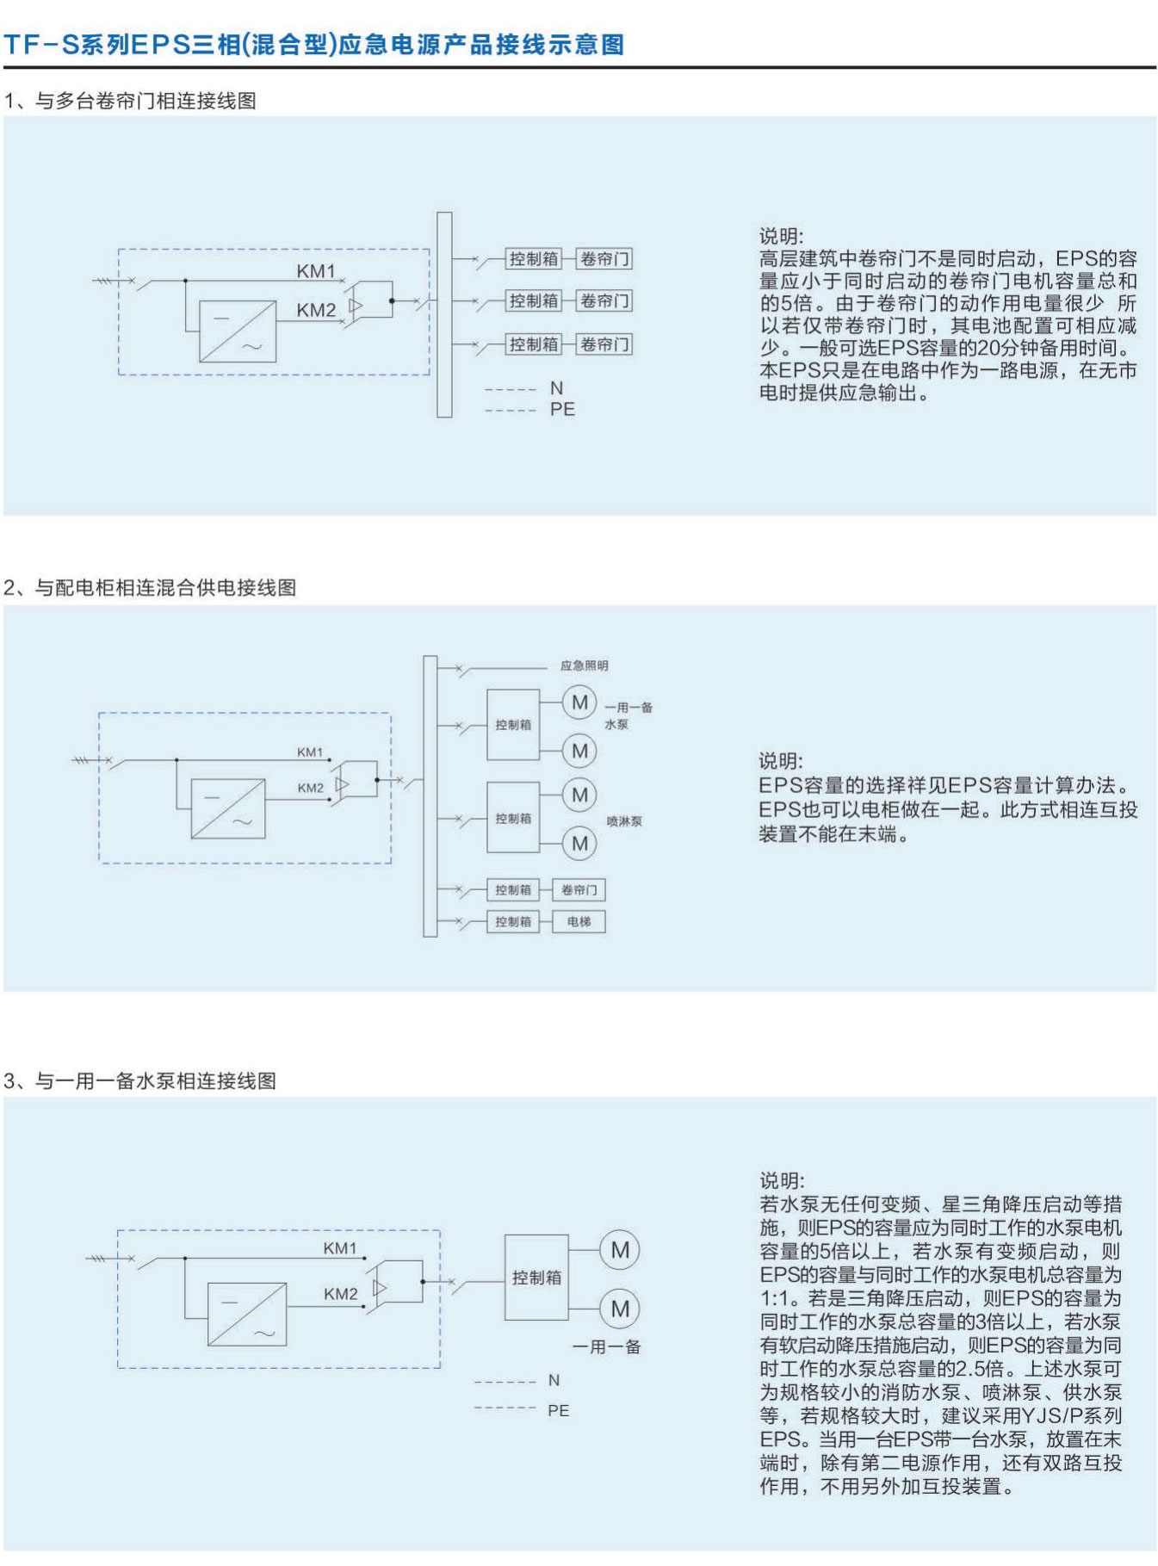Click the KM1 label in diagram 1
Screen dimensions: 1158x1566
[316, 271]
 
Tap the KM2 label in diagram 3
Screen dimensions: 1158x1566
[340, 1294]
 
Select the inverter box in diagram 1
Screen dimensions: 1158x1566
[238, 331]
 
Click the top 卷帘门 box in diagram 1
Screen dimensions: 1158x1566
[604, 258]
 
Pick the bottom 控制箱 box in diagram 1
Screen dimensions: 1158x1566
[534, 344]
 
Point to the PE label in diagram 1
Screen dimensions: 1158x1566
[562, 410]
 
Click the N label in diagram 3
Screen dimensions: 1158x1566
[554, 1381]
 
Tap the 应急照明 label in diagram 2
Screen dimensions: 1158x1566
[584, 665]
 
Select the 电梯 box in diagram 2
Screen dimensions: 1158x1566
[579, 922]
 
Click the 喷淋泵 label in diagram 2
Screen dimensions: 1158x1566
[624, 821]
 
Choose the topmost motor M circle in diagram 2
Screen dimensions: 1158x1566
[579, 703]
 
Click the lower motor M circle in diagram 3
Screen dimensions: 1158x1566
[620, 1309]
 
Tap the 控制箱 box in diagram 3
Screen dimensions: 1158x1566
[536, 1278]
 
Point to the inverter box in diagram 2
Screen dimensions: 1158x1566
[228, 808]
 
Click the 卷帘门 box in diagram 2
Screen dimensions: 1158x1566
[579, 890]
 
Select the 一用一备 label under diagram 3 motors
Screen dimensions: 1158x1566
[607, 1347]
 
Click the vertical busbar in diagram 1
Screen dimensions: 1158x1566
[444, 315]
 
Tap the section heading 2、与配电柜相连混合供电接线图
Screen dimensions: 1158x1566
[150, 588]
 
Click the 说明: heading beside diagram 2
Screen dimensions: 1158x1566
[781, 761]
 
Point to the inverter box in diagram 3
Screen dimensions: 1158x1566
[247, 1314]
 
